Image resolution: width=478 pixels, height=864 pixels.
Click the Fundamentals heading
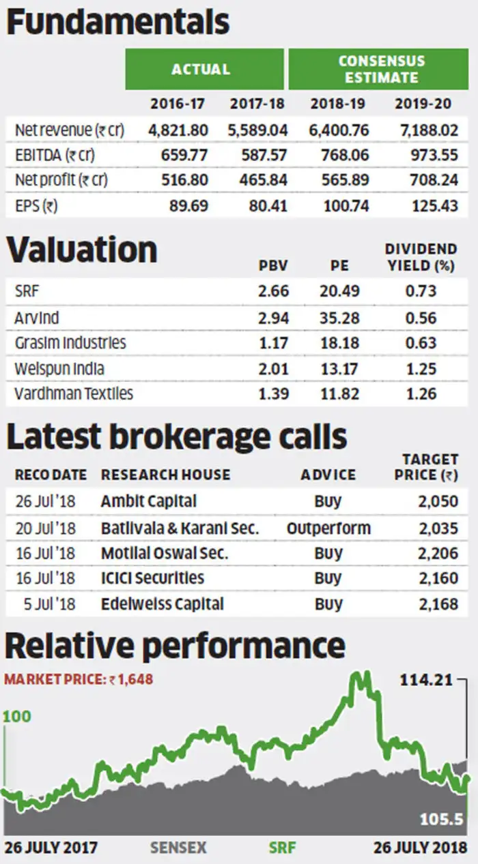click(x=117, y=22)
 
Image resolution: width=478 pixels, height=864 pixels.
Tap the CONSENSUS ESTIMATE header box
click(x=382, y=69)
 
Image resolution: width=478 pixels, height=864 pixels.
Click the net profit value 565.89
click(x=342, y=180)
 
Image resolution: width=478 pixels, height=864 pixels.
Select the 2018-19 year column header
click(x=338, y=104)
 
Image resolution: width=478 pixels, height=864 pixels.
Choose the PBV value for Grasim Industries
click(x=274, y=342)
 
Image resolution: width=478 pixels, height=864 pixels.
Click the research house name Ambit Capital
click(x=148, y=501)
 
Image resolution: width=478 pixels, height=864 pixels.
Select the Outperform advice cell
click(x=328, y=528)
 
